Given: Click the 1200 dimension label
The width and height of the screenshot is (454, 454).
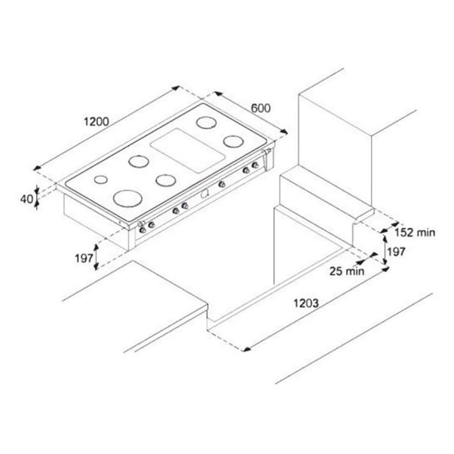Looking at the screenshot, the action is click(x=96, y=121).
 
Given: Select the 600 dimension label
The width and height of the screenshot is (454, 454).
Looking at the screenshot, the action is click(x=260, y=108).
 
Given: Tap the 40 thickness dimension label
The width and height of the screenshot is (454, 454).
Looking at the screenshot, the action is click(x=27, y=199).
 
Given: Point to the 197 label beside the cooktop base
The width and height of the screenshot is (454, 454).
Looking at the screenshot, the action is click(x=84, y=258).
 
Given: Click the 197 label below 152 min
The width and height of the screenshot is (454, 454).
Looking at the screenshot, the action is click(x=396, y=252).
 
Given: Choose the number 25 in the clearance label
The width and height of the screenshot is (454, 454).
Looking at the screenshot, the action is click(x=336, y=271).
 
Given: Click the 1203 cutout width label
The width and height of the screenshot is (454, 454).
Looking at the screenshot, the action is click(x=306, y=303).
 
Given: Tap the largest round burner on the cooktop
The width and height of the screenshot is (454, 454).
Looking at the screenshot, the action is click(x=128, y=198).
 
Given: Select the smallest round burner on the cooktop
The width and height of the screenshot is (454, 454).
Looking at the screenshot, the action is click(x=101, y=179).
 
